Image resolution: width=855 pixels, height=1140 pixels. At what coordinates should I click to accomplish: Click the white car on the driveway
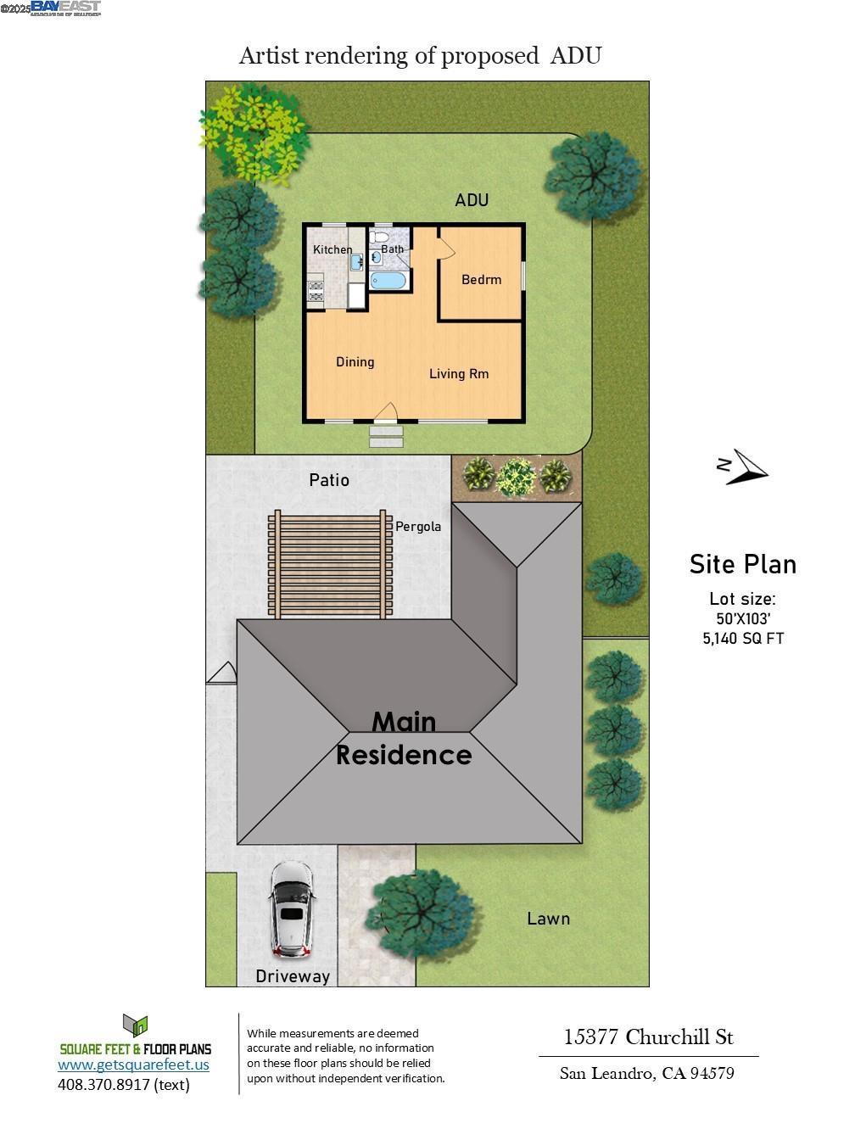click(291, 909)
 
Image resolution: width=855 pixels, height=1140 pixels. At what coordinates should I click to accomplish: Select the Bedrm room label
click(481, 280)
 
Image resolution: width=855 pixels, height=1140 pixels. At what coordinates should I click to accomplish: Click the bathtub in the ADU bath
click(389, 281)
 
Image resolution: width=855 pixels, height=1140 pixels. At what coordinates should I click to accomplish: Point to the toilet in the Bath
click(379, 236)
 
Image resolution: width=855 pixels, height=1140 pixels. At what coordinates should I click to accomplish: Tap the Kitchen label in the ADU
click(332, 249)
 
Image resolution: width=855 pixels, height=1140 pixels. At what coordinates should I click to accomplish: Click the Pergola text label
click(418, 527)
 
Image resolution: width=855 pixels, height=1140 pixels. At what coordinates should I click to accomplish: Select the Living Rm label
click(458, 374)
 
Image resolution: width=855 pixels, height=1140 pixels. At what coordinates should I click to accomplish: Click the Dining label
click(355, 362)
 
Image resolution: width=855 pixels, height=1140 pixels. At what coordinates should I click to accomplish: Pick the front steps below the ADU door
click(386, 436)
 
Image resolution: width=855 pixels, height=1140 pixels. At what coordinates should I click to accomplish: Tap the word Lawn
click(548, 919)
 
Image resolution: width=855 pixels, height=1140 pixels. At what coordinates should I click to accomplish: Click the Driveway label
click(293, 976)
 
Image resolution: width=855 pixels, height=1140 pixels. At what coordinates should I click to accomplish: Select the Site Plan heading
click(742, 564)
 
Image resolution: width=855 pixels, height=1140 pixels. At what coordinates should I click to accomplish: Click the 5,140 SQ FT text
click(743, 639)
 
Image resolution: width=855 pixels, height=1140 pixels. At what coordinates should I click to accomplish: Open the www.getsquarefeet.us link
click(133, 1065)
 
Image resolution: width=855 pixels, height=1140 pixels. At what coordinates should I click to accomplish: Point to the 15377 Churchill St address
click(648, 1037)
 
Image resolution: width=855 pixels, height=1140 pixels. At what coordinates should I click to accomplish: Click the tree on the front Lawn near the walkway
click(421, 914)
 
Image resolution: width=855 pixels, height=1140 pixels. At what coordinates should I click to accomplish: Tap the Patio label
click(329, 480)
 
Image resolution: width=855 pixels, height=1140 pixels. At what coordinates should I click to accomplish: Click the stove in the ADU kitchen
click(316, 291)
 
